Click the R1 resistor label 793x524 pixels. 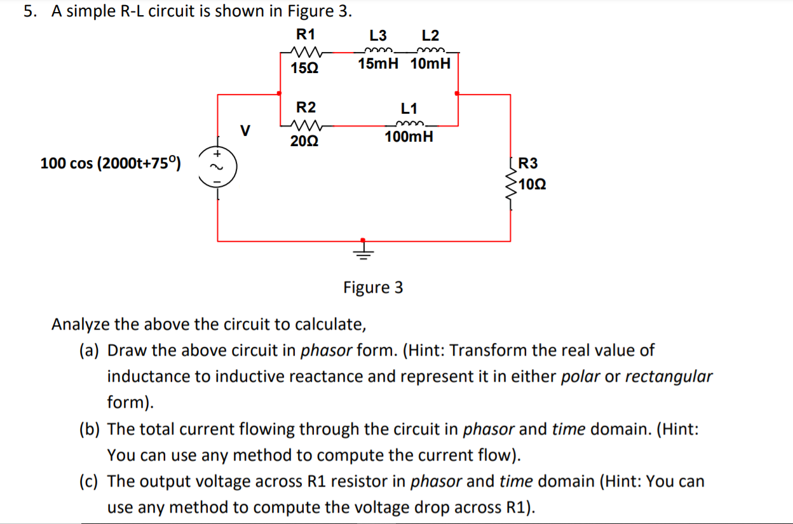click(306, 34)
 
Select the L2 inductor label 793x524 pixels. click(430, 36)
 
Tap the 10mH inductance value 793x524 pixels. click(430, 64)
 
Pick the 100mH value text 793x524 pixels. click(409, 137)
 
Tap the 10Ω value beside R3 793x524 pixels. click(531, 185)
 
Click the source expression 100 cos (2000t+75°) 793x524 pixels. click(111, 164)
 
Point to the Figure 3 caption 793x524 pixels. click(373, 288)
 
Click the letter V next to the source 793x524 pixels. click(244, 131)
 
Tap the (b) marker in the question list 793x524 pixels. click(89, 429)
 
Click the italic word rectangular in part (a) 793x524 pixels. click(668, 377)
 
